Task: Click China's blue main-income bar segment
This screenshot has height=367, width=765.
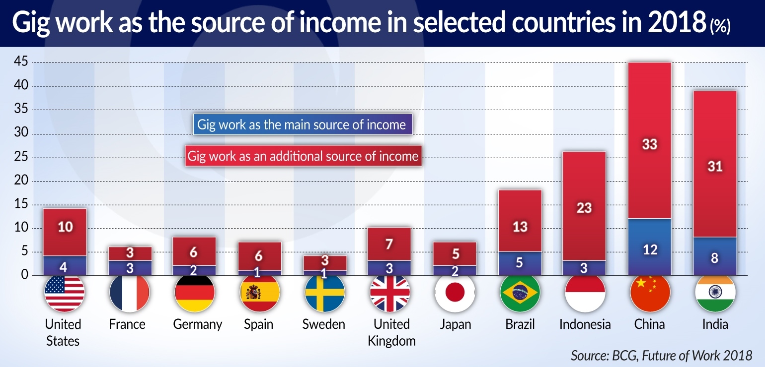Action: click(650, 246)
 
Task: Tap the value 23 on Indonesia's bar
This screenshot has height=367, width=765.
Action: click(584, 207)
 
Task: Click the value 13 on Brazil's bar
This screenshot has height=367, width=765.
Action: click(520, 227)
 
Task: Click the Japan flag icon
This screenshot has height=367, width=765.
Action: click(455, 293)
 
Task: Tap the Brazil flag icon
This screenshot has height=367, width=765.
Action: click(520, 293)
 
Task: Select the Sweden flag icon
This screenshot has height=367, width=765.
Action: click(324, 293)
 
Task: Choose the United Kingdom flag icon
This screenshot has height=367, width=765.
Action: click(390, 293)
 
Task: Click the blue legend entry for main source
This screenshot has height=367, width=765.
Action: click(302, 124)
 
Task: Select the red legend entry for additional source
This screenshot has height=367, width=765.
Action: click(303, 156)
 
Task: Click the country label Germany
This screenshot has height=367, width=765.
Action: click(197, 325)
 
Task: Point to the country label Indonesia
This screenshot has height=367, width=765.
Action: click(585, 325)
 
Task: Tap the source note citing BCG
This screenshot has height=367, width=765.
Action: click(661, 355)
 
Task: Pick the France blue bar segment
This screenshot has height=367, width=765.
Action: click(130, 268)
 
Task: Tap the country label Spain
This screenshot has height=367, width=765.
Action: click(259, 325)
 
